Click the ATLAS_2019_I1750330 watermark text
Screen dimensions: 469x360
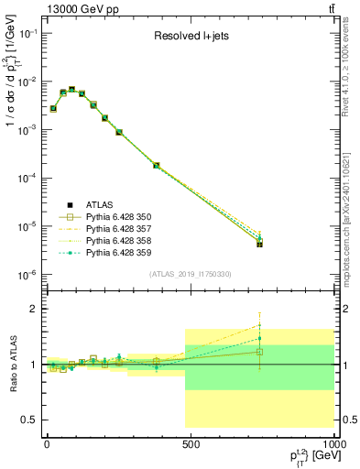[x=189, y=274]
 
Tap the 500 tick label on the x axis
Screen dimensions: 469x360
[x=191, y=443]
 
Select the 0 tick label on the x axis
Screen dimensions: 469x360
[x=47, y=443]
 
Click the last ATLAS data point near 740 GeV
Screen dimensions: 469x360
[x=260, y=245]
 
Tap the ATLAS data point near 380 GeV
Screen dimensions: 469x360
[x=157, y=166]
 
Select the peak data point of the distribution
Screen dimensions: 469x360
[x=71, y=90]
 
